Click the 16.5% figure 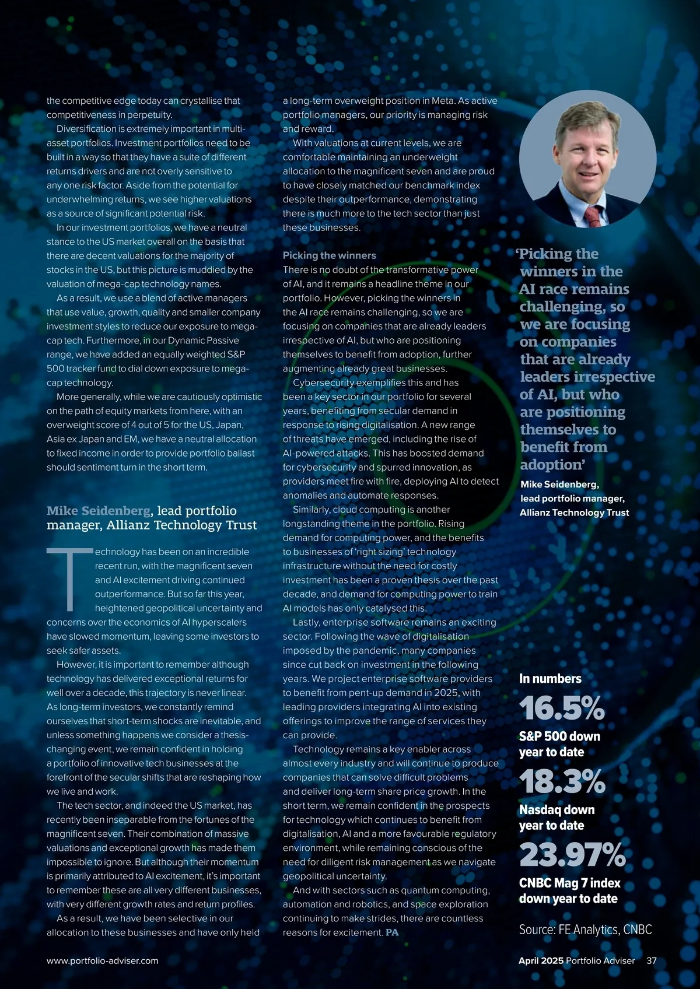[x=562, y=708]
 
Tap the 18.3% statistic [x=562, y=781]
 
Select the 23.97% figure [x=572, y=855]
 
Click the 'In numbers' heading [x=550, y=679]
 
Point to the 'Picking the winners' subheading [x=329, y=255]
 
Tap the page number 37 [x=651, y=960]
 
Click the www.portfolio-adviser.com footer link [x=102, y=960]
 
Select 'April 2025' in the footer [x=541, y=960]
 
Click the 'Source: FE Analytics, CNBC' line [x=585, y=930]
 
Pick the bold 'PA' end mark [x=392, y=932]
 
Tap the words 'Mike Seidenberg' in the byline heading [x=99, y=511]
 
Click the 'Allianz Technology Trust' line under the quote [x=574, y=513]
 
